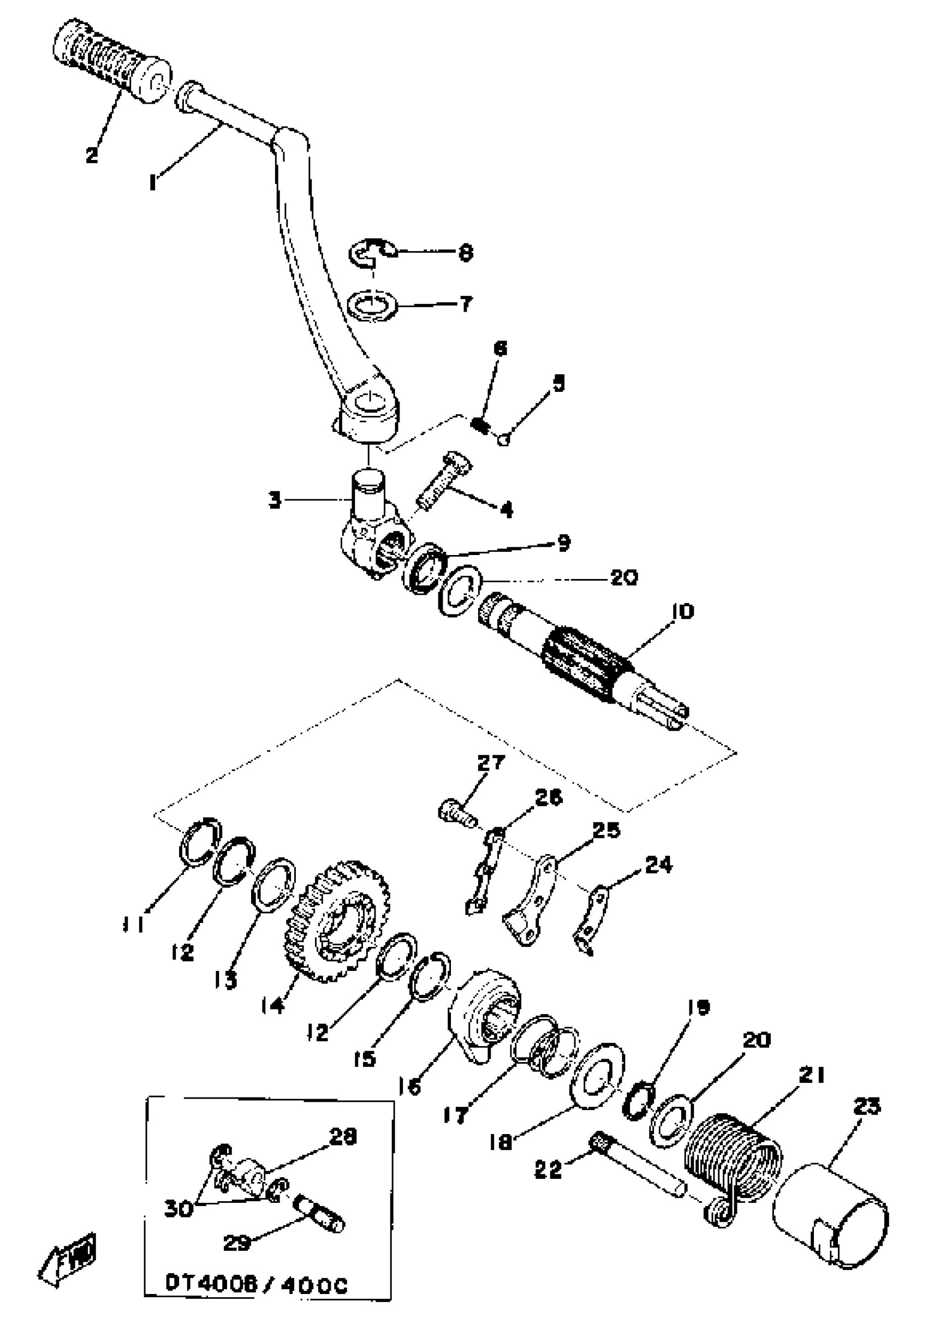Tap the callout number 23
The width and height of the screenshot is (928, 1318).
[x=866, y=1106]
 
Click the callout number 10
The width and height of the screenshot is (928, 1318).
[x=682, y=611]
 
